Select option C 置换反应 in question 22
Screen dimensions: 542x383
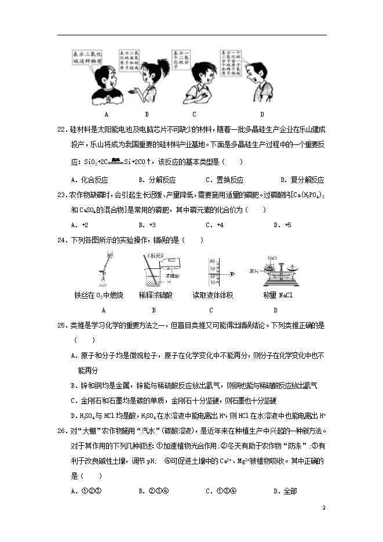pos(224,180)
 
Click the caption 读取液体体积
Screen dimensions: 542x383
pos(213,296)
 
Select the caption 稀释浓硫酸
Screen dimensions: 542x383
pos(155,296)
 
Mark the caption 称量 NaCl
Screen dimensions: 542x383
pos(278,296)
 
